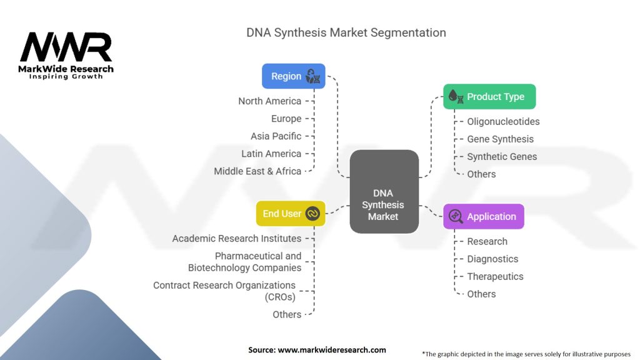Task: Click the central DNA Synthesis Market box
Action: click(384, 191)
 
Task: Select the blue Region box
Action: click(293, 76)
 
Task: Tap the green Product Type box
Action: click(489, 97)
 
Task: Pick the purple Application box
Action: click(484, 216)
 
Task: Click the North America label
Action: click(269, 101)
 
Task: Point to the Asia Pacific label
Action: click(276, 136)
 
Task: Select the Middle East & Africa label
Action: click(257, 171)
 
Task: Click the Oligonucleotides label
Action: click(503, 122)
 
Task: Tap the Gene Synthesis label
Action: click(500, 139)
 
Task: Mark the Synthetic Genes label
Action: click(502, 157)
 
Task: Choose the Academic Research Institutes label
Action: click(237, 239)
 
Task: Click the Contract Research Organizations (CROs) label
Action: click(224, 291)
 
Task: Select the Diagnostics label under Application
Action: click(492, 259)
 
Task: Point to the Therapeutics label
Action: click(495, 277)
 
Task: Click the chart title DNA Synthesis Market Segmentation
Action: click(346, 32)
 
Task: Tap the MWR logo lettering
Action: click(66, 48)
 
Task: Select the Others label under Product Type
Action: click(481, 174)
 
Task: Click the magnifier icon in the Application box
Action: click(456, 217)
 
